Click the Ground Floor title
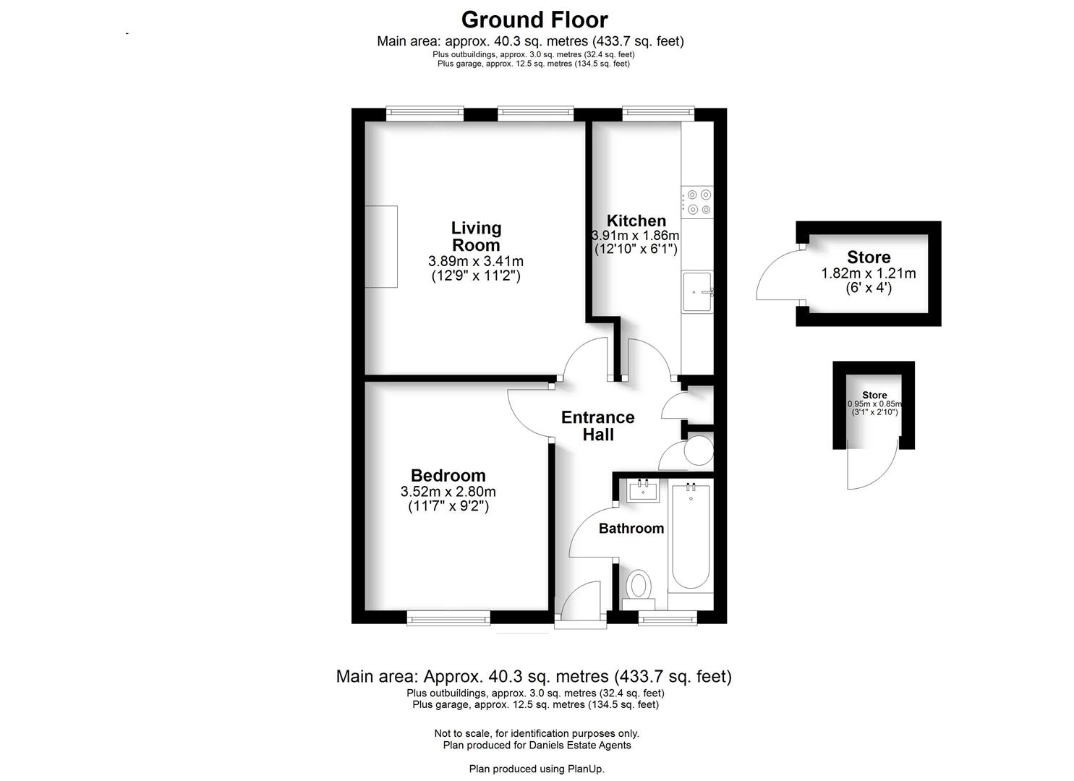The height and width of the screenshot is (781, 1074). pyautogui.click(x=534, y=20)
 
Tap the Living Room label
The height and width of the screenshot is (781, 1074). pyautogui.click(x=476, y=236)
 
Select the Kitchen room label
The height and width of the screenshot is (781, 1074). pyautogui.click(x=636, y=221)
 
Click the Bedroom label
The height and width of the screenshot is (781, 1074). pyautogui.click(x=448, y=475)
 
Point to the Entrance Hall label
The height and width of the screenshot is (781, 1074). pyautogui.click(x=598, y=426)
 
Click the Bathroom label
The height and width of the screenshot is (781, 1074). pyautogui.click(x=631, y=529)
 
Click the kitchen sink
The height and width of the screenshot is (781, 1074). pyautogui.click(x=697, y=291)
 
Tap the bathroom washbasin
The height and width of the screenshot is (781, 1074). pyautogui.click(x=643, y=491)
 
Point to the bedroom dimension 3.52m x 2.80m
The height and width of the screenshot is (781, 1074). pyautogui.click(x=448, y=492)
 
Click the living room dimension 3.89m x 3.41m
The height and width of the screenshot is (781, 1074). pyautogui.click(x=476, y=261)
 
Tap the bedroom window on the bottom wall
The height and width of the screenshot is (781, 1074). pyautogui.click(x=448, y=618)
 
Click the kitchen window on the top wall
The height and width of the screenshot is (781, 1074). pyautogui.click(x=658, y=114)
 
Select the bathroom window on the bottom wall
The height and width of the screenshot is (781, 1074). pyautogui.click(x=668, y=618)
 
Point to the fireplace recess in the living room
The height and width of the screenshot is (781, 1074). pyautogui.click(x=381, y=247)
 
